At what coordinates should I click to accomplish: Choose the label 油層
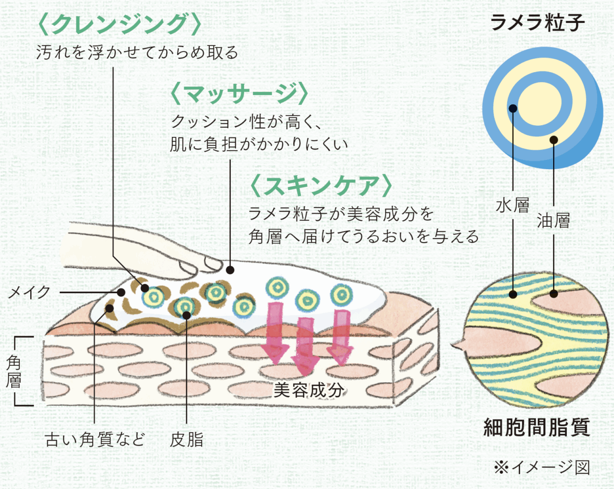tap(554, 221)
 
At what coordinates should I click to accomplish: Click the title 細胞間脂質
tap(537, 427)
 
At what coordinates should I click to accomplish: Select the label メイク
tap(30, 292)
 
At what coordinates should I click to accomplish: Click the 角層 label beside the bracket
tap(14, 371)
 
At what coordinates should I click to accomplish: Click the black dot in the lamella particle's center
tap(513, 108)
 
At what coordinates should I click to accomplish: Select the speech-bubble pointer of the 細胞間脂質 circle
tap(457, 345)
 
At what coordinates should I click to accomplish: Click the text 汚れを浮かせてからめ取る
tap(138, 53)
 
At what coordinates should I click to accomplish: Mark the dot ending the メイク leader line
tap(121, 292)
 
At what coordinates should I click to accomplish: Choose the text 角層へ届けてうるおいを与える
tap(364, 237)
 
